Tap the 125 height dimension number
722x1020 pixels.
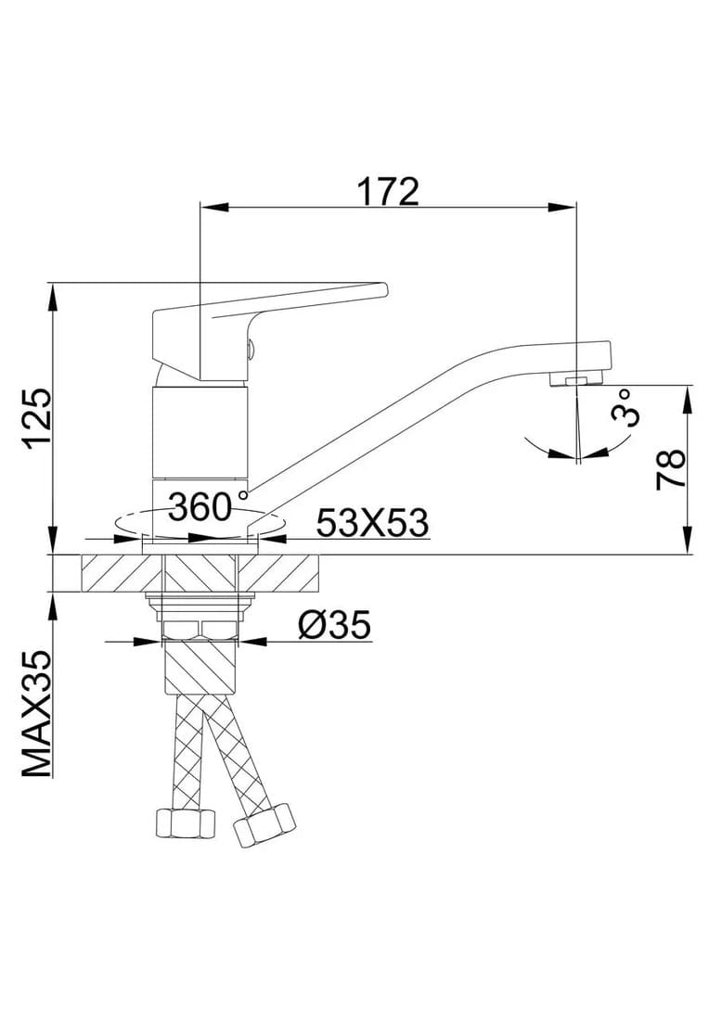point(36,419)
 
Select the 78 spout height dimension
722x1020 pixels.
point(671,468)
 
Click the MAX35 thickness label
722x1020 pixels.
point(36,714)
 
